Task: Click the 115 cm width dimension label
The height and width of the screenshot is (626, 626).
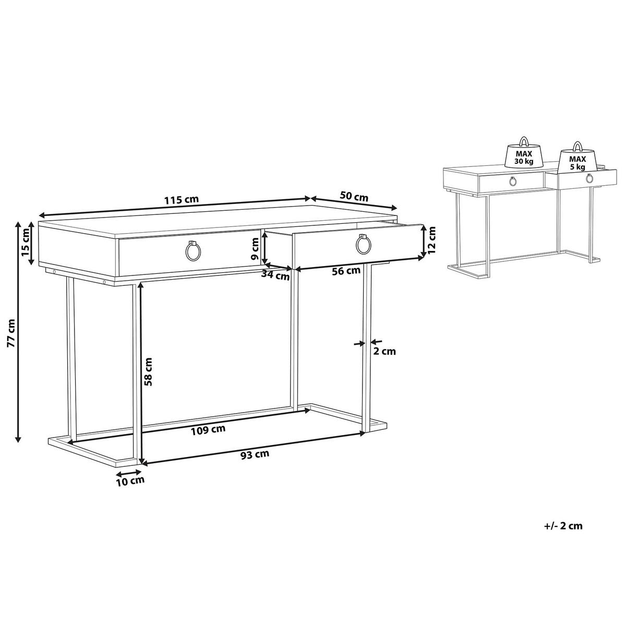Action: click(181, 200)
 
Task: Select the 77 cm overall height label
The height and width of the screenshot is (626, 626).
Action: click(11, 333)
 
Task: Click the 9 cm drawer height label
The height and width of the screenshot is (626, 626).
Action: click(255, 249)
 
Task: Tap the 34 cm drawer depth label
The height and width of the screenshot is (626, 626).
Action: click(275, 276)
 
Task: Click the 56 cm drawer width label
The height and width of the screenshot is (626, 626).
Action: click(346, 271)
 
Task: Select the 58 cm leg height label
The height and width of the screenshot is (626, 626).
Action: click(148, 371)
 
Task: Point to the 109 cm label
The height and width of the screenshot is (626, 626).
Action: click(208, 430)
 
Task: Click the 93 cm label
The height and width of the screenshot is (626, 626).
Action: click(255, 454)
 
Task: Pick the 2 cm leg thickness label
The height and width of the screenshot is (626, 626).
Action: click(384, 351)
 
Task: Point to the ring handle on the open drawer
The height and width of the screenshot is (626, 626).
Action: click(364, 245)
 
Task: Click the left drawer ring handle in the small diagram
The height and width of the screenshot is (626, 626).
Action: click(513, 181)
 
